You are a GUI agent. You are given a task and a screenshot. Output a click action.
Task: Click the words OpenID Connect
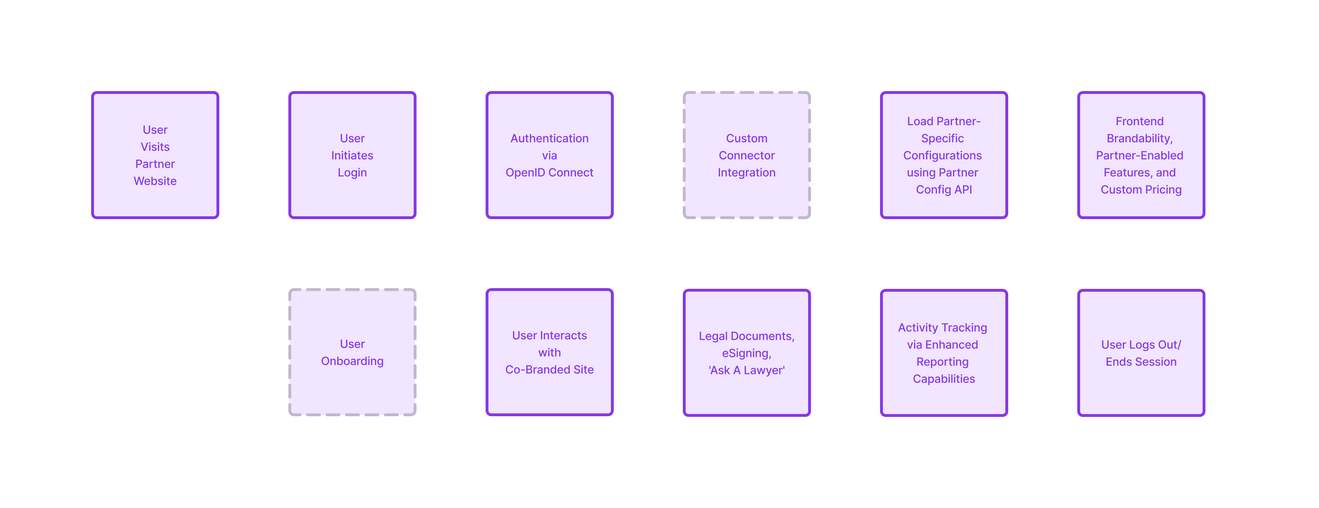(549, 173)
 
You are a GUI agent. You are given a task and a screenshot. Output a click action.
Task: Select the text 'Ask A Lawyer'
(746, 370)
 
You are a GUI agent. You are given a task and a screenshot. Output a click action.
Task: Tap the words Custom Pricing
(1140, 190)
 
